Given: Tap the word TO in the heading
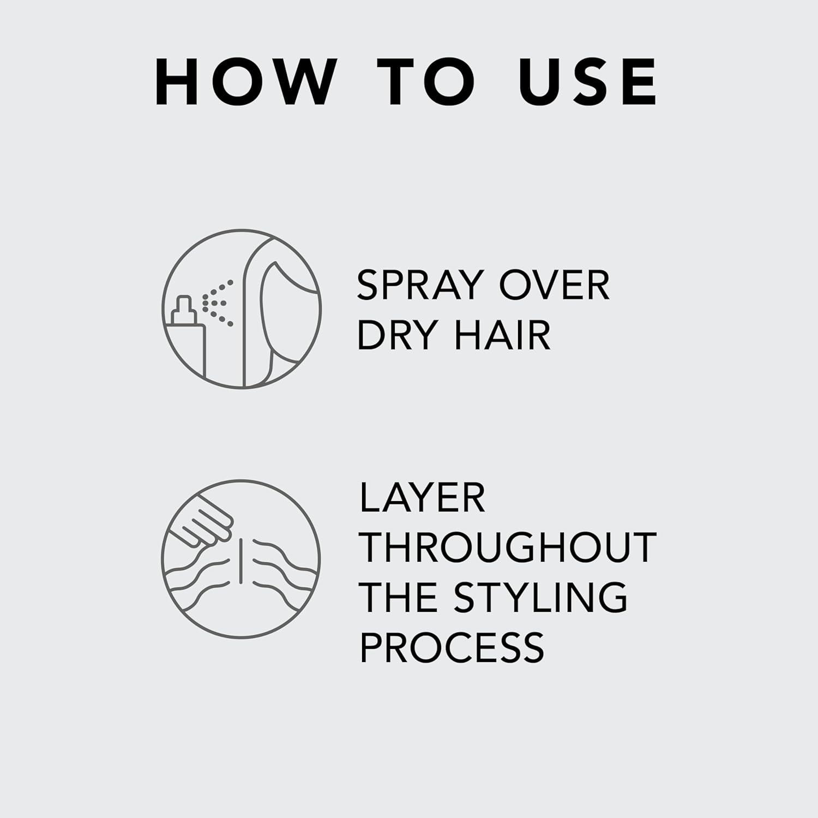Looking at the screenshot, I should tap(425, 82).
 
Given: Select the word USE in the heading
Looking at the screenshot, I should tap(588, 82).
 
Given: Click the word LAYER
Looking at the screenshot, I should tap(423, 497).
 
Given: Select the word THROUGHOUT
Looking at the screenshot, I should tap(508, 547).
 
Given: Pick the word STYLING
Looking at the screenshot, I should tap(540, 597).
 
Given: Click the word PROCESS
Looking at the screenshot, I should tap(452, 647).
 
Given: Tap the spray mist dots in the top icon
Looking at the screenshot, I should tap(218, 303).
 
